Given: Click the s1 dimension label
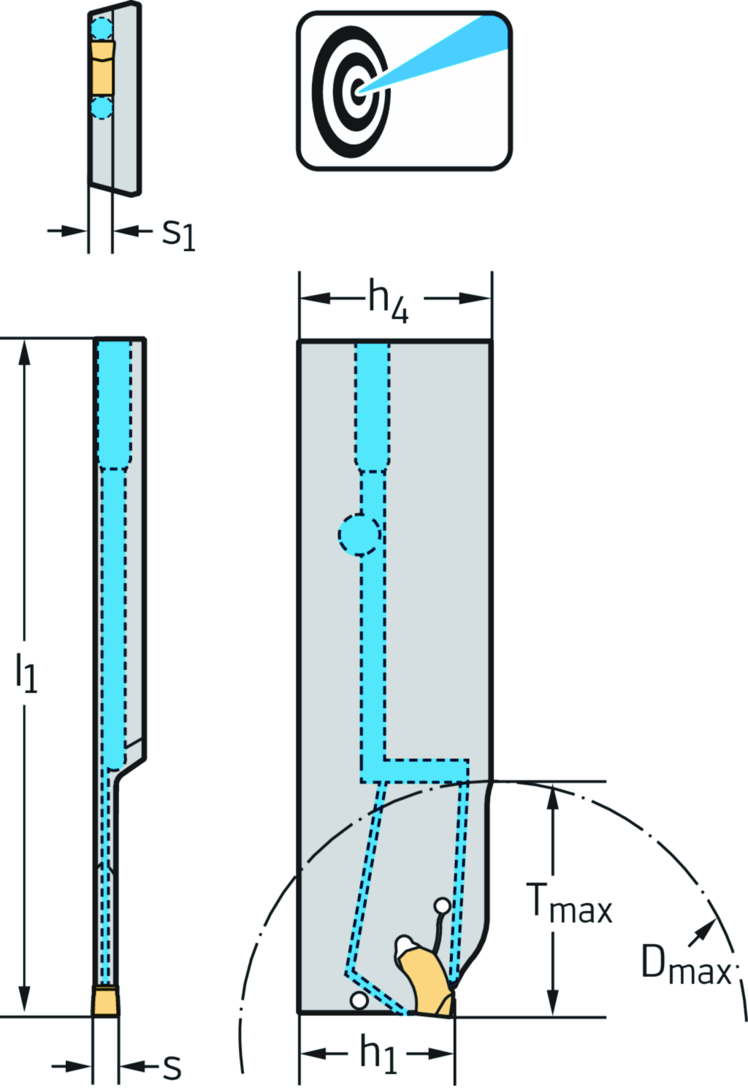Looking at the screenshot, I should pyautogui.click(x=178, y=234).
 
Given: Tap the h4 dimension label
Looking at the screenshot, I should pyautogui.click(x=387, y=300).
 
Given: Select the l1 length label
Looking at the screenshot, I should pyautogui.click(x=26, y=672).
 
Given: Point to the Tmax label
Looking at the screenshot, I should pyautogui.click(x=570, y=905).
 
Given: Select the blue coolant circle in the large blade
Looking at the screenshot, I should pyautogui.click(x=359, y=535).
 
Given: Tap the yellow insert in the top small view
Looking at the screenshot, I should pyautogui.click(x=103, y=68).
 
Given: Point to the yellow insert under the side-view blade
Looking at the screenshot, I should pyautogui.click(x=106, y=1000).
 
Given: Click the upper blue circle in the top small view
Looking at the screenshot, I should pyautogui.click(x=102, y=29).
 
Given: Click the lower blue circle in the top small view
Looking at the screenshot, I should pyautogui.click(x=102, y=108).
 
